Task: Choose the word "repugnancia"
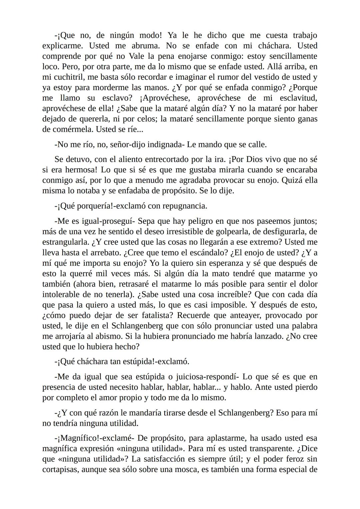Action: [x=187, y=206]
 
